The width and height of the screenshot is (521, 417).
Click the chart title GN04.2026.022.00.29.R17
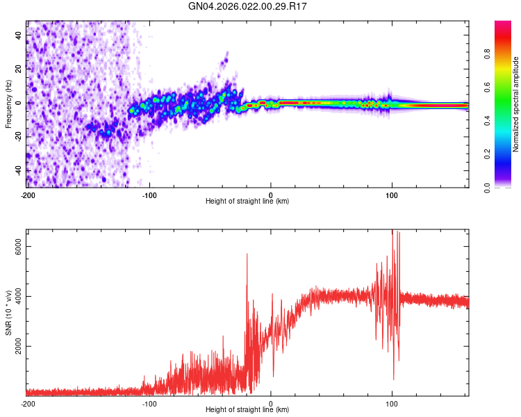[248, 6]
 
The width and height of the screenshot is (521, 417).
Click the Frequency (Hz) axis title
[8, 104]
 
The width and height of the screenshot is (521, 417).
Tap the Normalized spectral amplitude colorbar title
[516, 104]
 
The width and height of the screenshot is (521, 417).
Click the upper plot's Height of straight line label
[247, 201]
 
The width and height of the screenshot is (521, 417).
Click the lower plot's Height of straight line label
[247, 409]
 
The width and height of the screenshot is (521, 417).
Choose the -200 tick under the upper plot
[27, 195]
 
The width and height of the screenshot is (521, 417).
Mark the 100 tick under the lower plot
[392, 403]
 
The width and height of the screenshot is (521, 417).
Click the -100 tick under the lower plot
[149, 403]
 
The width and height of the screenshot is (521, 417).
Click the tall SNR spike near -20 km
[247, 256]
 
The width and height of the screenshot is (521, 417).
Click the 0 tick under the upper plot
[271, 195]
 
